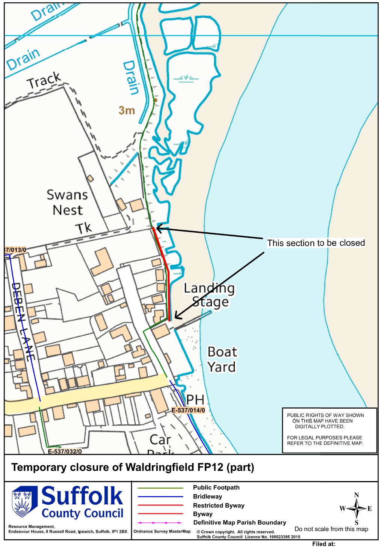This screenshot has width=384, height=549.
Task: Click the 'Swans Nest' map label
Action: [x=67, y=202]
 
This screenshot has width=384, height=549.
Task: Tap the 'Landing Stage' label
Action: [x=209, y=295]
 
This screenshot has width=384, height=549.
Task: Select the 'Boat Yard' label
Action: [x=222, y=359]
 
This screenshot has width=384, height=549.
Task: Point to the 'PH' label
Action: [x=195, y=400]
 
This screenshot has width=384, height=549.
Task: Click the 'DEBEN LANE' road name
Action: [x=23, y=322]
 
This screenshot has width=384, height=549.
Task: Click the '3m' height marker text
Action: [x=127, y=110]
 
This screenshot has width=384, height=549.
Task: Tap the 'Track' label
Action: [x=44, y=80]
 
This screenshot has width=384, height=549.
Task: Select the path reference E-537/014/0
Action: [x=188, y=411]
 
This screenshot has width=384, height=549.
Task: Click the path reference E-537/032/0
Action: [x=65, y=451]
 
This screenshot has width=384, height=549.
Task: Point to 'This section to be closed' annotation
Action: [x=316, y=243]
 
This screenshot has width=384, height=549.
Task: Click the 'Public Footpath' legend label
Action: [x=216, y=487]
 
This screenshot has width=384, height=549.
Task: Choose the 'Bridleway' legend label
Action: [x=207, y=496]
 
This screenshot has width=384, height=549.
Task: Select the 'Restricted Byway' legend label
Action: [x=219, y=505]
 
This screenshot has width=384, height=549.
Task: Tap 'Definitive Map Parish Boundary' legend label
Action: [x=239, y=522]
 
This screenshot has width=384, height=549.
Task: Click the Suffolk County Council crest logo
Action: [x=24, y=501]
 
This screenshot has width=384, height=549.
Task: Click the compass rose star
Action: [x=356, y=508]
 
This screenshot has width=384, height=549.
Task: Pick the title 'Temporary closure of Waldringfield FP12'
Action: [x=133, y=468]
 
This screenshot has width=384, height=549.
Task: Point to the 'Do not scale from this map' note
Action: [x=331, y=529]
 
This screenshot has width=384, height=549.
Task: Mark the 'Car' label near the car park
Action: [x=160, y=439]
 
